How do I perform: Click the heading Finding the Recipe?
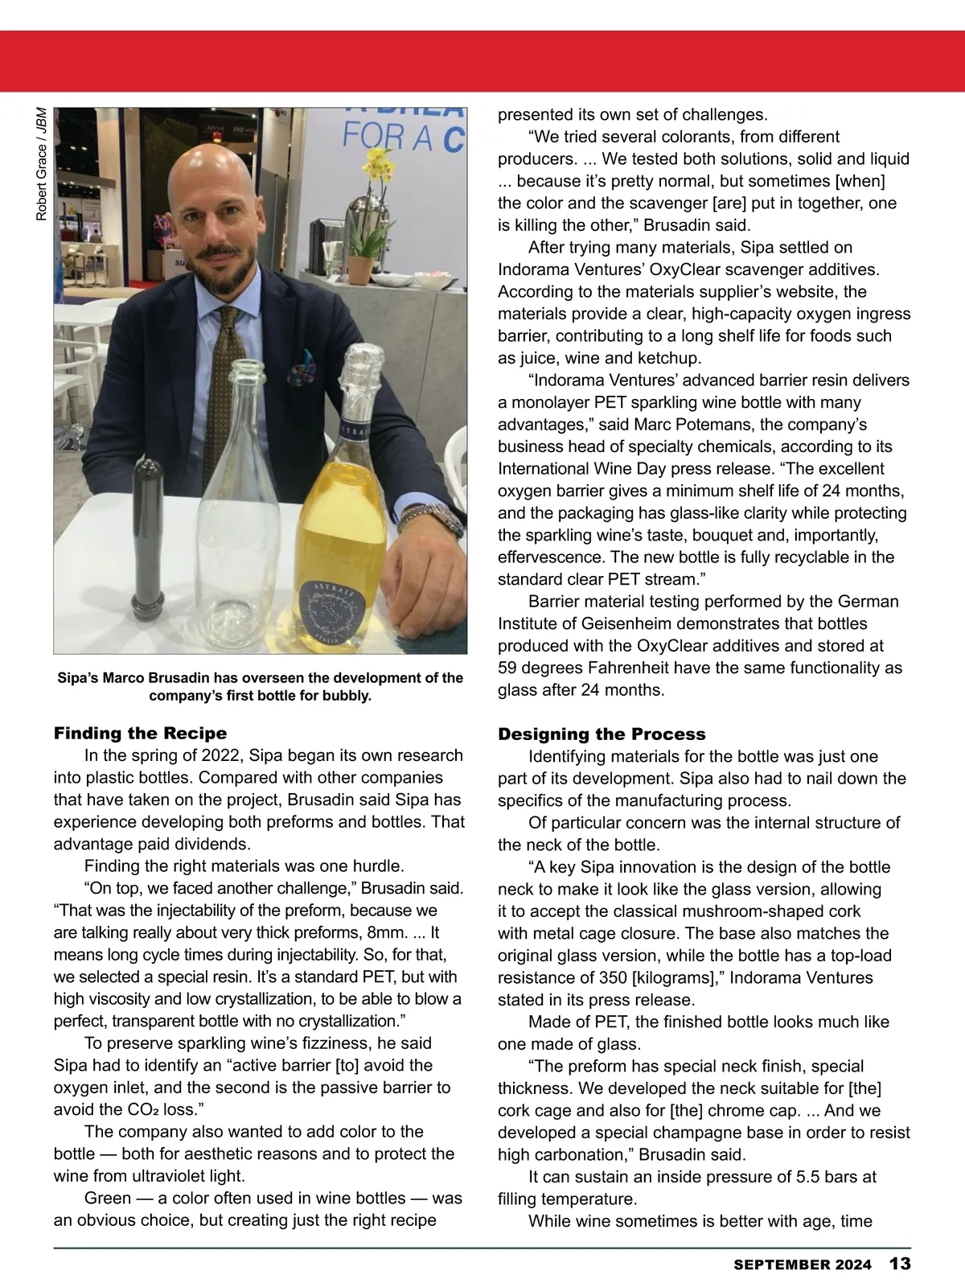pos(140,733)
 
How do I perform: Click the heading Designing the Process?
pos(602,734)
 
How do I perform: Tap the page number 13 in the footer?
pos(900,1264)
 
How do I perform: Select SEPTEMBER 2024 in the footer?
pos(802,1264)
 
